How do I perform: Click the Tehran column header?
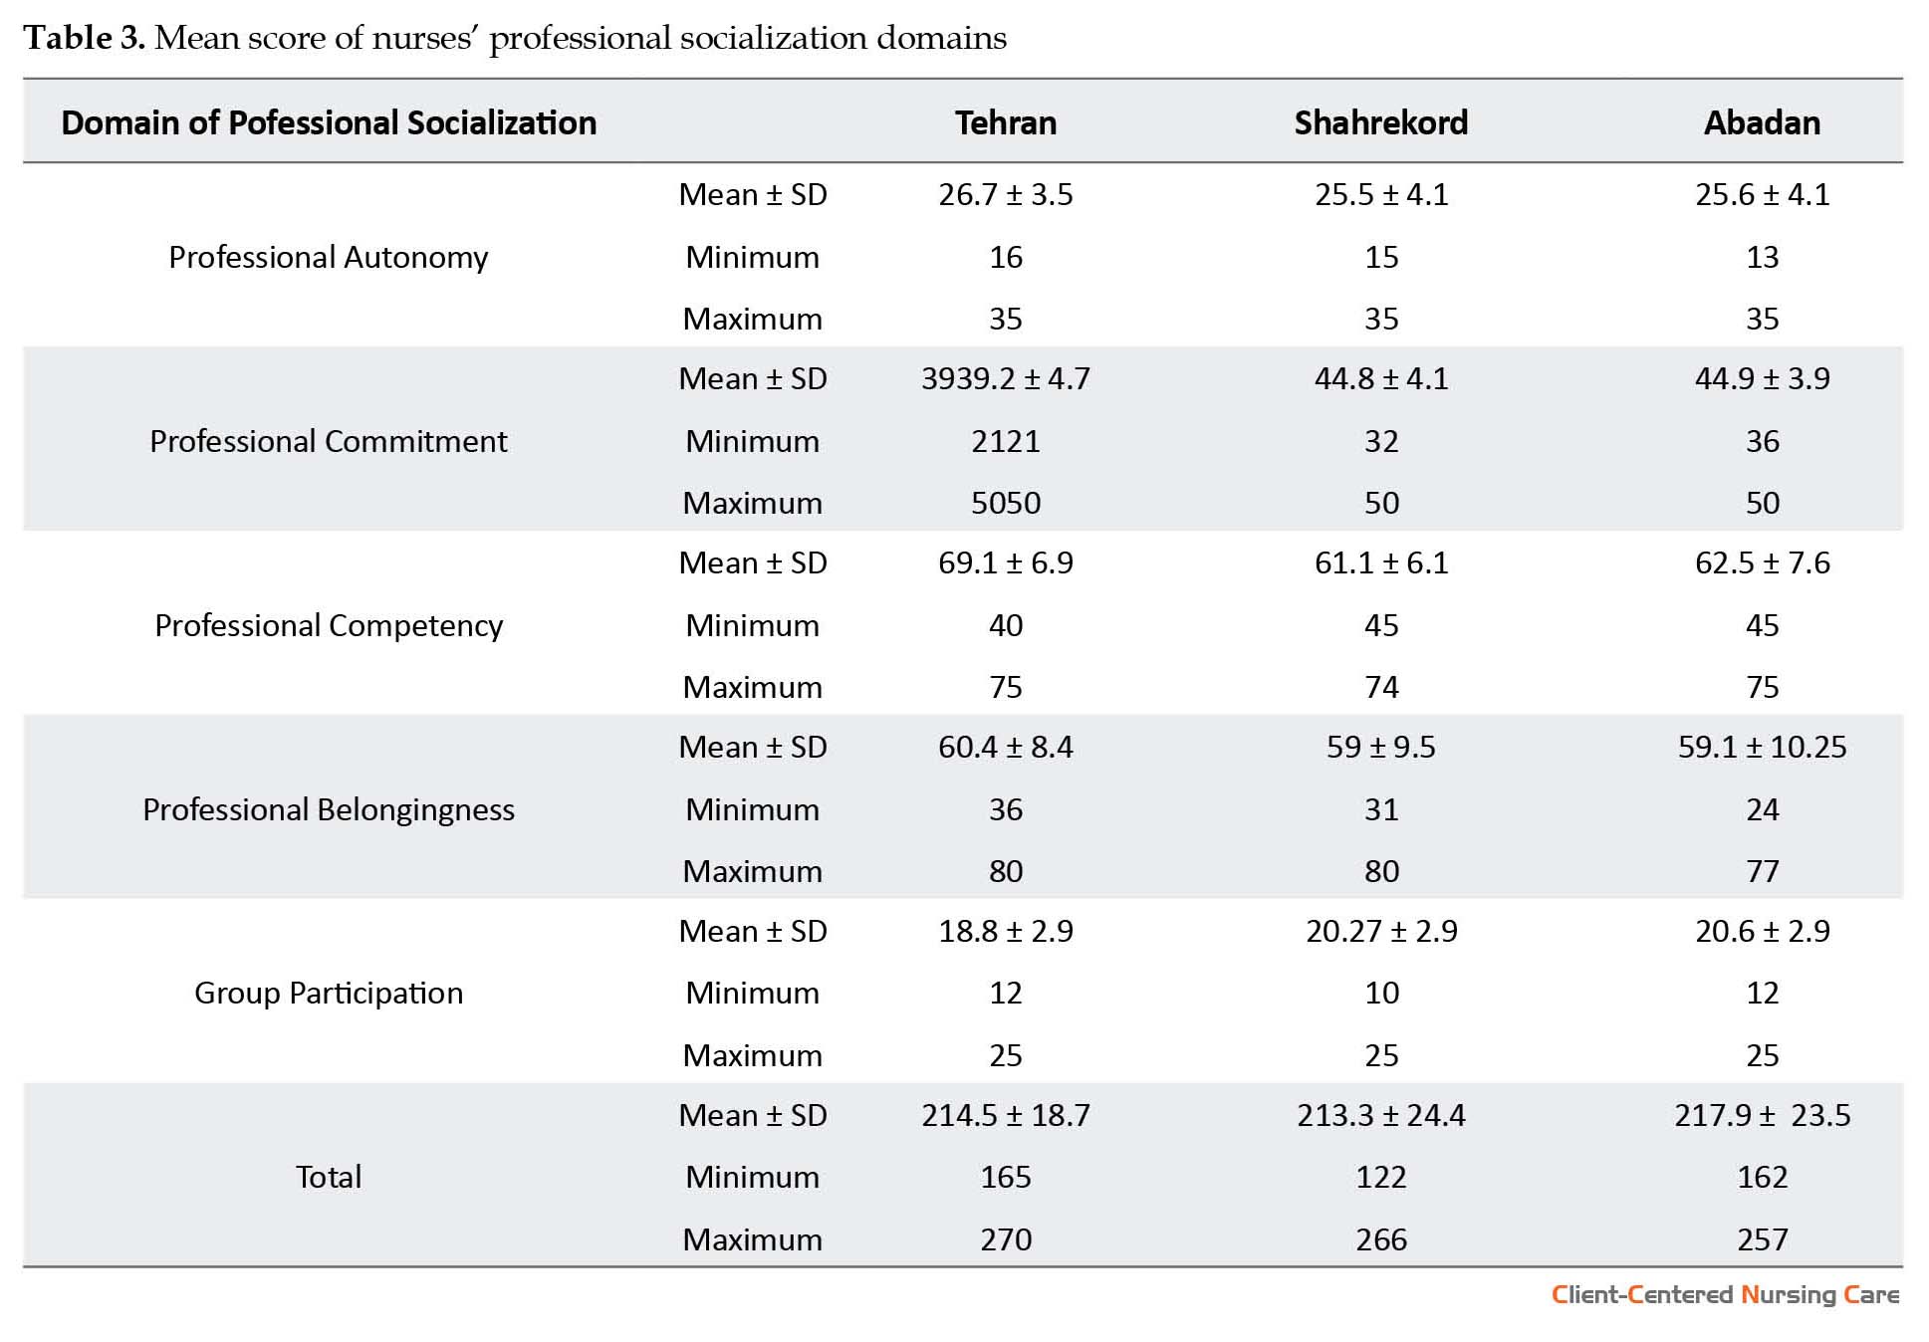coord(1006,122)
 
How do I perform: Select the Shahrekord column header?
coord(1381,122)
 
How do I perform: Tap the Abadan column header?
coord(1762,122)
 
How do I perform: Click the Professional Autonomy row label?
coord(329,257)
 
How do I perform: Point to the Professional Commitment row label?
coord(329,441)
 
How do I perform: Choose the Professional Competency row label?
coord(329,625)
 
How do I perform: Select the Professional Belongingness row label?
coord(329,809)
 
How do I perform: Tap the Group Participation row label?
coord(329,993)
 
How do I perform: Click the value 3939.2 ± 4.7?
coord(1006,378)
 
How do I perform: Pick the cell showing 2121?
coord(1006,441)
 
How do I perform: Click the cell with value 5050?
coord(1006,503)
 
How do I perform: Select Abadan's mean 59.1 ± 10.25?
coord(1762,747)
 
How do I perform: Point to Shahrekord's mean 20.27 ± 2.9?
coord(1381,931)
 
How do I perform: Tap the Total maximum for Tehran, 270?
coord(1006,1239)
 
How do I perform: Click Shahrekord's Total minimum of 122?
coord(1381,1177)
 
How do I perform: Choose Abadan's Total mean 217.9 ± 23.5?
coord(1762,1115)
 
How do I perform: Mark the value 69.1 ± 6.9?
coord(1006,562)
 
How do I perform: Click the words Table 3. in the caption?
coord(85,38)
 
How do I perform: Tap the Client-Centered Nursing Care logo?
coord(1725,1294)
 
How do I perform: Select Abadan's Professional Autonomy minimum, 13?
coord(1762,257)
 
